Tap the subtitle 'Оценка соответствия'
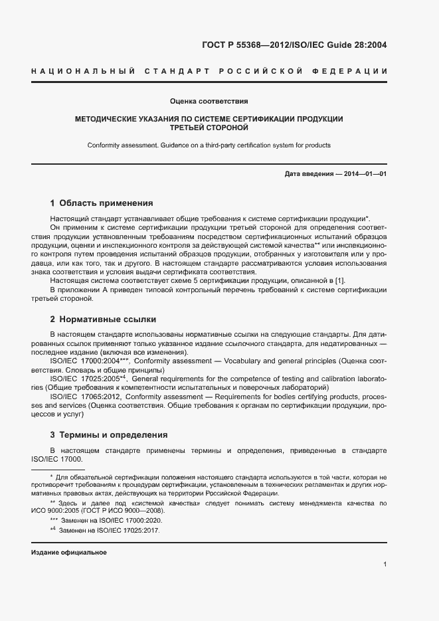tap(209, 102)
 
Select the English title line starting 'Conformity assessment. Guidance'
tap(209, 145)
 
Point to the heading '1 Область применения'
tap(102, 203)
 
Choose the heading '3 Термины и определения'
tap(108, 435)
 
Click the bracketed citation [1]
tap(339, 281)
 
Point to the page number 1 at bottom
tap(385, 564)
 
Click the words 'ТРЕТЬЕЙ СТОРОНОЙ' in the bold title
tap(209, 128)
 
